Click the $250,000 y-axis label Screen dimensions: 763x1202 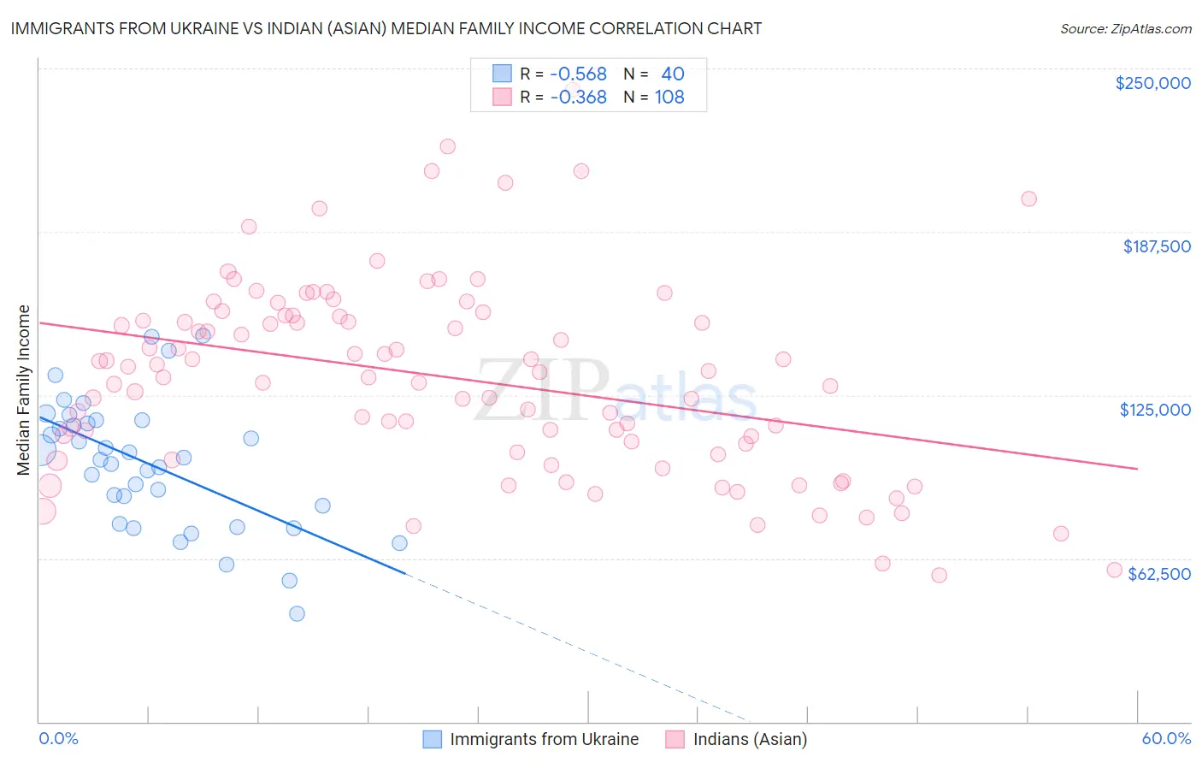point(1152,83)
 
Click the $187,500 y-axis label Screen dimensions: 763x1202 point(1156,246)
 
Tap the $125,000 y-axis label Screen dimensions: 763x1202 point(1155,410)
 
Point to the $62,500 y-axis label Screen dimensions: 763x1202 point(1159,574)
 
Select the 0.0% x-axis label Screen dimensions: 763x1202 point(58,738)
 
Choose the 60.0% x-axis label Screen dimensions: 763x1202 point(1166,738)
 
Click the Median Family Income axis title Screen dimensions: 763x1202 point(23,390)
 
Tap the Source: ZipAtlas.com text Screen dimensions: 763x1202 point(1125,29)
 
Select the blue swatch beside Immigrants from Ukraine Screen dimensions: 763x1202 point(433,739)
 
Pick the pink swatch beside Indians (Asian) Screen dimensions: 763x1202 point(675,739)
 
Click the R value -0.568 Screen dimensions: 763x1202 point(578,74)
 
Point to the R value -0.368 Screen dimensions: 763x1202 point(578,97)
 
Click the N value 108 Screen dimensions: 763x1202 point(669,97)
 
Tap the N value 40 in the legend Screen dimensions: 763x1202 point(673,74)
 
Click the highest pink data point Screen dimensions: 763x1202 point(447,146)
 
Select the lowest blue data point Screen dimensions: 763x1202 point(297,613)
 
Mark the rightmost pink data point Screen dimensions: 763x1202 point(1114,570)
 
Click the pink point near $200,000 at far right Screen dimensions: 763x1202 point(1028,198)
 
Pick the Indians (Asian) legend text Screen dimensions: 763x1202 point(750,739)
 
